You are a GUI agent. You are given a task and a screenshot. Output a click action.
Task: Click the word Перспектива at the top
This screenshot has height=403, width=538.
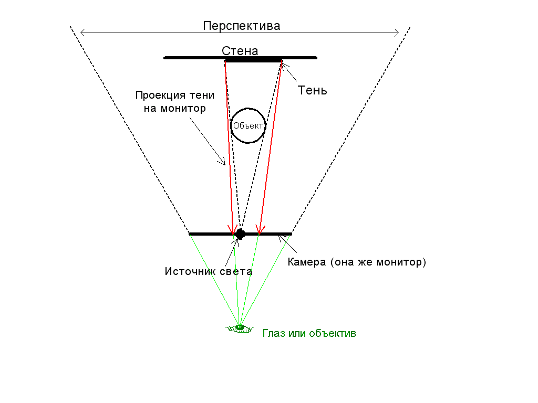click(241, 26)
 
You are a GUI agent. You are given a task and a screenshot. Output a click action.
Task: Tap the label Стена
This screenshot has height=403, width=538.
click(240, 51)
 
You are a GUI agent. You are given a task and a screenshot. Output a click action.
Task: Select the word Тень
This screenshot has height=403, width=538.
click(313, 90)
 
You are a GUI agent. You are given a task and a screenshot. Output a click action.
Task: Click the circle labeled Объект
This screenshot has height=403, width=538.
click(249, 125)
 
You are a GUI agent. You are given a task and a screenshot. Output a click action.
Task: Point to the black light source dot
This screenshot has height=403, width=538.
click(240, 234)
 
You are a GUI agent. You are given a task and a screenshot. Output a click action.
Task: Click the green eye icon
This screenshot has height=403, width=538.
click(240, 328)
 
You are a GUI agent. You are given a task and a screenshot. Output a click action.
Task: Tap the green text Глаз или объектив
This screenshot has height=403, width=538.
click(309, 333)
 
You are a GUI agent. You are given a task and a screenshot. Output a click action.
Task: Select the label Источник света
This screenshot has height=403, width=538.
click(208, 271)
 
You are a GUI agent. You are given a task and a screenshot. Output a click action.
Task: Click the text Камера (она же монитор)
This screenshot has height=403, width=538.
click(357, 262)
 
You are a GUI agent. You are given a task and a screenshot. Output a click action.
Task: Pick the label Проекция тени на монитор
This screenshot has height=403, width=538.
click(175, 102)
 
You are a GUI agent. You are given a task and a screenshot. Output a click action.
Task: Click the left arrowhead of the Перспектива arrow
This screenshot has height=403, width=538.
click(81, 33)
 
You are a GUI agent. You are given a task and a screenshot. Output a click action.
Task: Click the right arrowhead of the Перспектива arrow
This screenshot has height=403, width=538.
click(397, 33)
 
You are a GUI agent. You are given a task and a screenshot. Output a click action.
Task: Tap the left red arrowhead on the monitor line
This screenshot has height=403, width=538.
click(232, 231)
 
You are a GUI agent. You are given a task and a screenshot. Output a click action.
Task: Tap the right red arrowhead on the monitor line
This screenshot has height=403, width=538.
click(258, 231)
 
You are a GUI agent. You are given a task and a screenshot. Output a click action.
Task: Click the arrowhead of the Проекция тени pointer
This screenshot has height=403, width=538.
click(224, 163)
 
